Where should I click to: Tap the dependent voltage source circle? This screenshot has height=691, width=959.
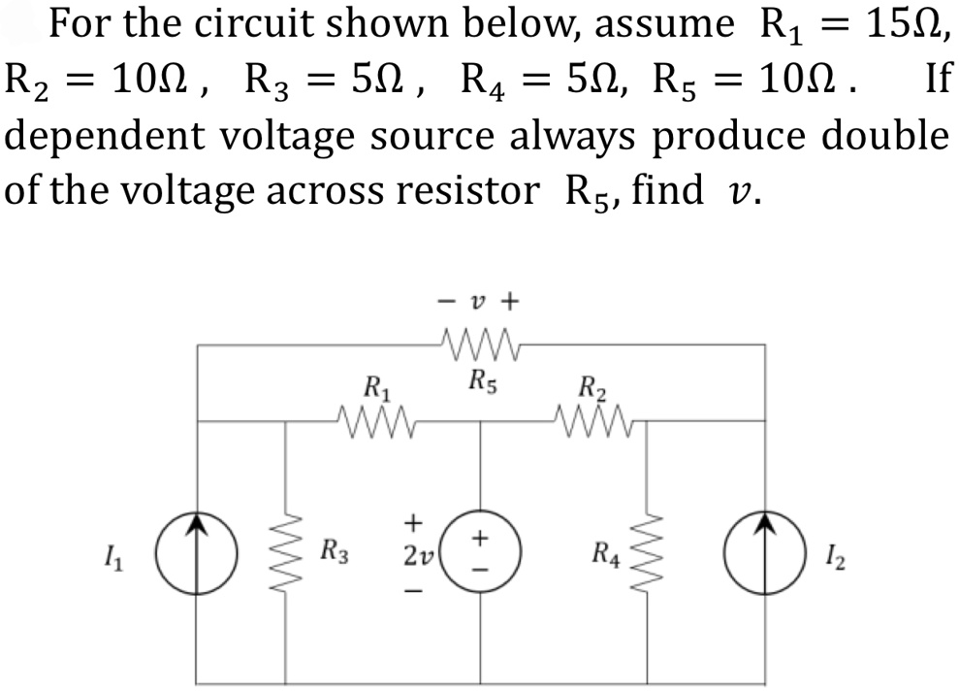tap(482, 554)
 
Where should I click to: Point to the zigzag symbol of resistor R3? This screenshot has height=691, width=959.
tap(285, 555)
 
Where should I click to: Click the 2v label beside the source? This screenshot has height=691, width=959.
tap(416, 556)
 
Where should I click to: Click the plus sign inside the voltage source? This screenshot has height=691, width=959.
tap(482, 537)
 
